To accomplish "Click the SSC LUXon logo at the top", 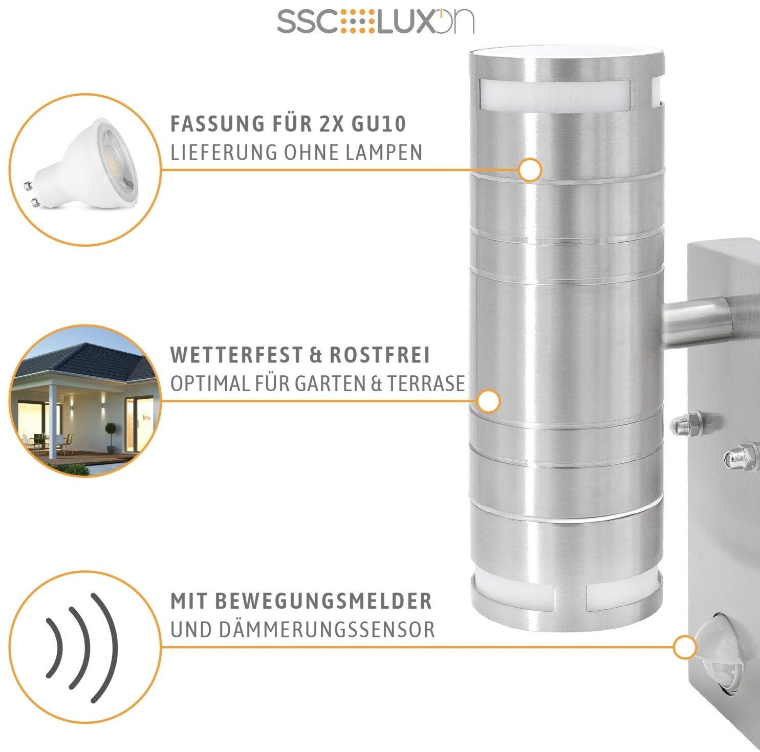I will pos(375,21).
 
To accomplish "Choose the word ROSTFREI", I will pos(379,355).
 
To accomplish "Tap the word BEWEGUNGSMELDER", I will pos(323,601).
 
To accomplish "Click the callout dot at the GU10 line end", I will pos(530,169).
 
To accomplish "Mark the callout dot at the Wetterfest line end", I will pos(488,401).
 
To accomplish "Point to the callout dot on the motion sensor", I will pos(685,648).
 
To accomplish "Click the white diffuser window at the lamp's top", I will pos(555,96).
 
